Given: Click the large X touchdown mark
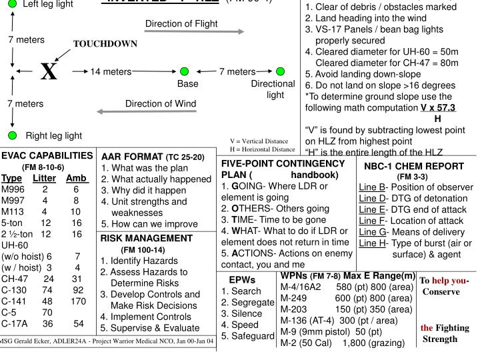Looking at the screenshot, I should coord(48,71).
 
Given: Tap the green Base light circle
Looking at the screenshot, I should coord(184,71).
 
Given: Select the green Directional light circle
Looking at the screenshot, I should coord(280,71).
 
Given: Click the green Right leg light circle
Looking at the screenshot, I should coord(12,136).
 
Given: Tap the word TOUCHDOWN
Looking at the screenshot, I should coord(105,44).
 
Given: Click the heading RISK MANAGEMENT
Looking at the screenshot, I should coord(142,237).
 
